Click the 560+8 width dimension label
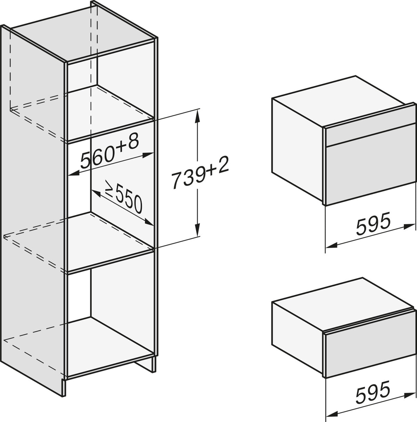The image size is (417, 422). [x=109, y=151]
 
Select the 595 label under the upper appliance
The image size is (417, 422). [x=373, y=223]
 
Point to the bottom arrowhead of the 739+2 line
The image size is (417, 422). [x=198, y=230]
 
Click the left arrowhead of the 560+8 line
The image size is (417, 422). [x=74, y=174]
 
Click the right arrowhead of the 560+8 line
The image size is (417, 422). [x=147, y=155]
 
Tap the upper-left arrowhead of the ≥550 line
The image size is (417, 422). [x=96, y=193]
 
